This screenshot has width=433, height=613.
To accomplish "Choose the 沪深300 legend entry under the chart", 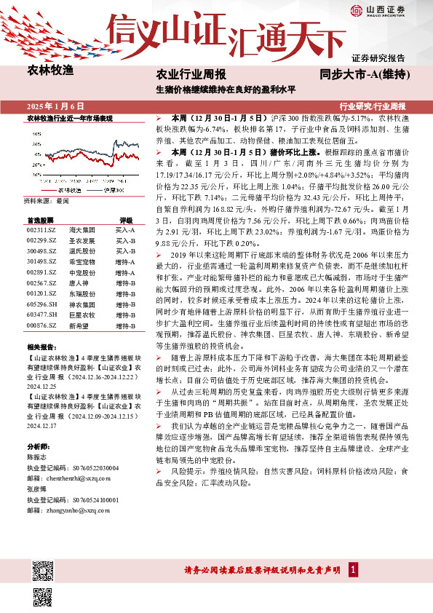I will pos(110,190).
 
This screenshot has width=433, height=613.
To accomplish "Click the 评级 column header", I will pos(125,219).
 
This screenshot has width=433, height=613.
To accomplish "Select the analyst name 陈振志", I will pos(37,457).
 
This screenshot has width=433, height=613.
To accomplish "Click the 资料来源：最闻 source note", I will pos(47,200).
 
